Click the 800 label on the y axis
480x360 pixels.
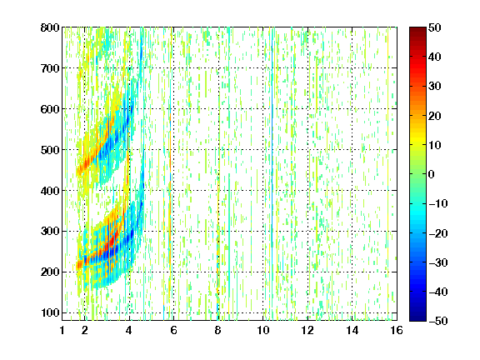tap(50, 27)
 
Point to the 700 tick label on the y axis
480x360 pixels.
tap(50, 68)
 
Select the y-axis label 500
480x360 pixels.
tap(50, 150)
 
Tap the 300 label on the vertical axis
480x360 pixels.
tap(50, 231)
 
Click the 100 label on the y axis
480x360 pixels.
tap(50, 312)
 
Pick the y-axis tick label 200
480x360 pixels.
tap(50, 272)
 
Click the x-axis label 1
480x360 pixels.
tap(62, 330)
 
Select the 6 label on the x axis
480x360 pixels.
tap(173, 330)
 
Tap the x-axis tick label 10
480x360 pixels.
tap(262, 330)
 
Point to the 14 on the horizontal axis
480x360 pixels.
tap(352, 330)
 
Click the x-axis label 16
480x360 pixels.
tap(397, 330)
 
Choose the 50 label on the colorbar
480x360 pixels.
tap(434, 27)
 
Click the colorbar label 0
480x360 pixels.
tap(432, 174)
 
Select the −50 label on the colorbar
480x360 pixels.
tap(438, 321)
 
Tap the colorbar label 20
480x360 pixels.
tap(434, 116)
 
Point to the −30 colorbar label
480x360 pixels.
tap(438, 262)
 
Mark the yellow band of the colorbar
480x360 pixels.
tap(417, 141)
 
